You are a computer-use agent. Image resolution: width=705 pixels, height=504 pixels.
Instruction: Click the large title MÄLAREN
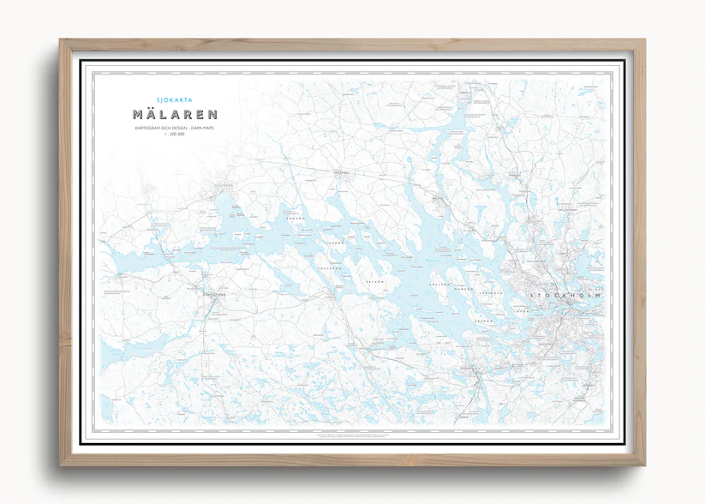click(x=175, y=114)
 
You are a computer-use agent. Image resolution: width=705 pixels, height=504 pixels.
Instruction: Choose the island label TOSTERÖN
click(x=331, y=268)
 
